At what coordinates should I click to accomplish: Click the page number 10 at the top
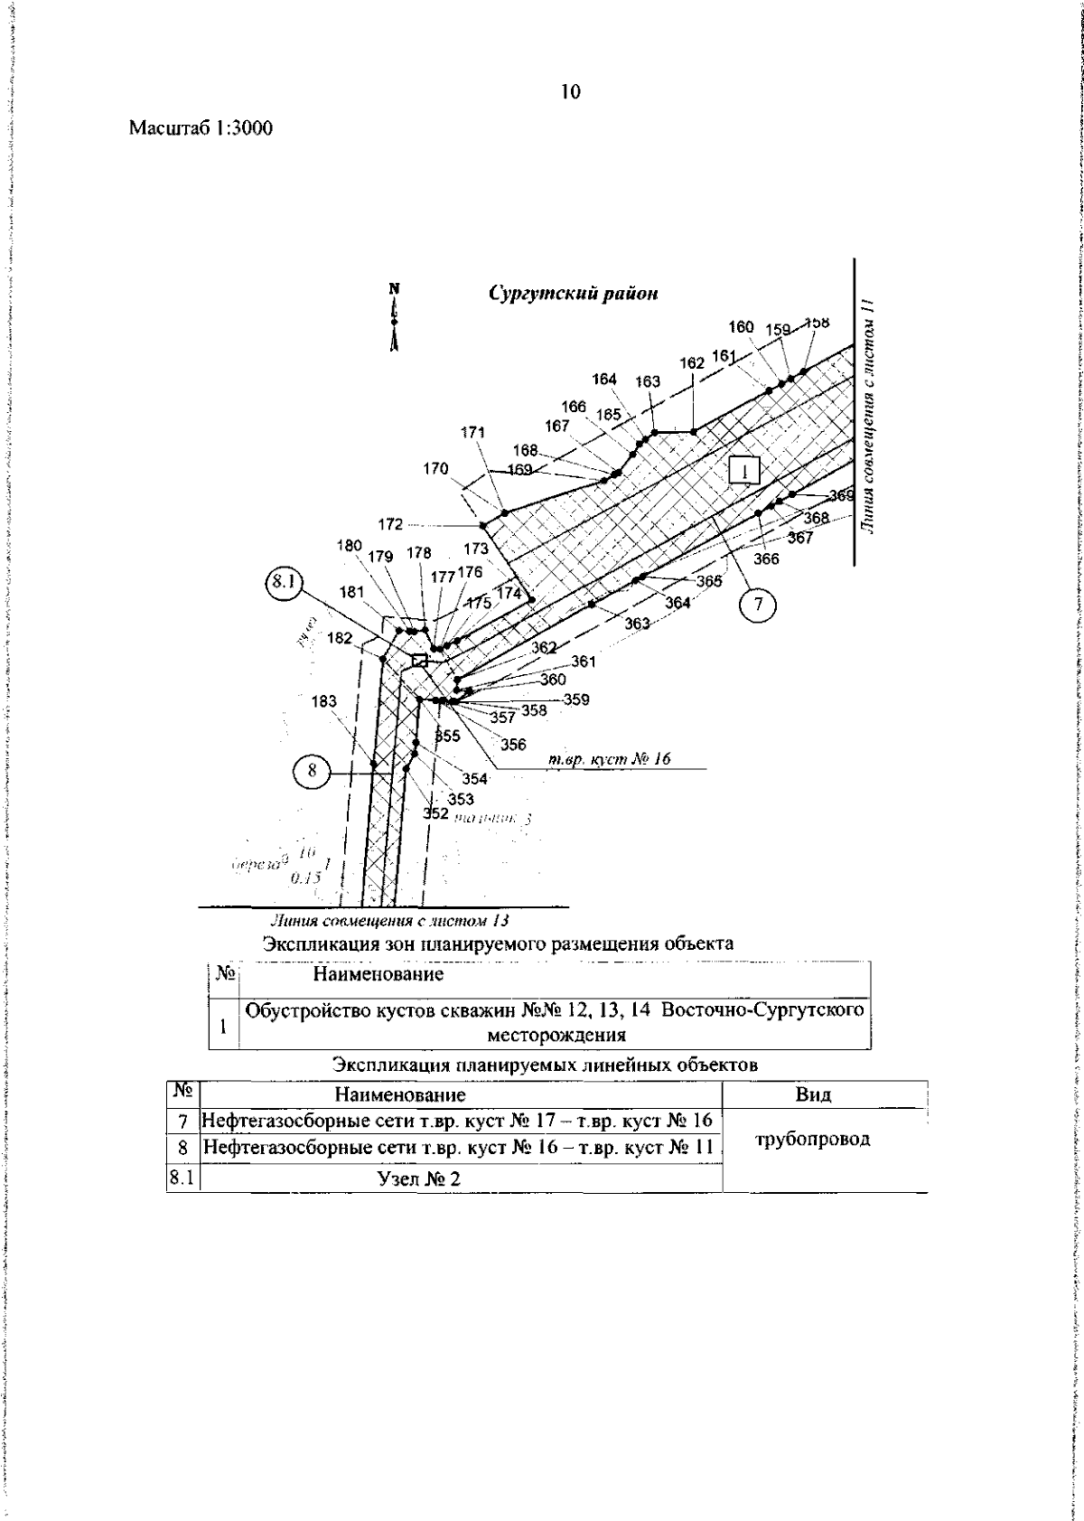point(570,91)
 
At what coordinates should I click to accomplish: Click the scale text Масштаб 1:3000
point(201,128)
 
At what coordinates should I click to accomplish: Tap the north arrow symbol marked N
point(394,316)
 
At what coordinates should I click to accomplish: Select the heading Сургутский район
point(574,294)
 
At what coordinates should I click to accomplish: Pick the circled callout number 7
point(758,606)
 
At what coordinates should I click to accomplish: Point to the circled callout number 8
point(313,771)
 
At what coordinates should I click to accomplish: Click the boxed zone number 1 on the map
point(745,471)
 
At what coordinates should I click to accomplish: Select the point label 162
point(691,363)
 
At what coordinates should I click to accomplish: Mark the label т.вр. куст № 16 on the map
point(610,759)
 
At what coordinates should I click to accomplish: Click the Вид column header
point(813,1094)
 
